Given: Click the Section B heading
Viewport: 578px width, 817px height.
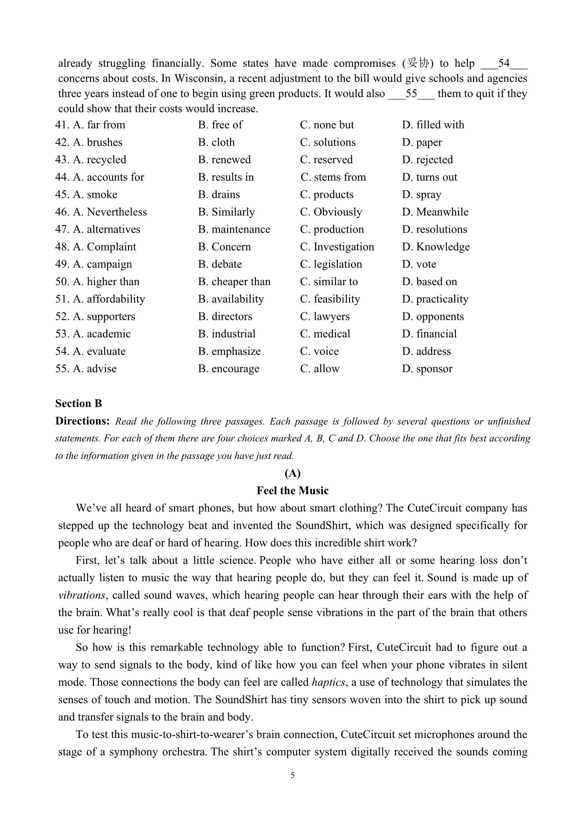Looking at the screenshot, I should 78,404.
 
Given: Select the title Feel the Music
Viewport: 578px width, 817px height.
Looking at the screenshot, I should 292,491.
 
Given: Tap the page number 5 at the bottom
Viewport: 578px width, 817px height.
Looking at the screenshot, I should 292,775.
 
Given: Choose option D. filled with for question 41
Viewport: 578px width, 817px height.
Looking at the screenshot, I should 433,125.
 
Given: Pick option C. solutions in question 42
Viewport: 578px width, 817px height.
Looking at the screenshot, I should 328,142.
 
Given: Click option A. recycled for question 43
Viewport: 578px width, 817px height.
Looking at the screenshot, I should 100,160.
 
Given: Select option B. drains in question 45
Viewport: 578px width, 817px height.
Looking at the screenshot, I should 219,195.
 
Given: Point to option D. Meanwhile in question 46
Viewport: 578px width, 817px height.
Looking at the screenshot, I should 435,212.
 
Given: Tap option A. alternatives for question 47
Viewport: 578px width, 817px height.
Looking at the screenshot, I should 107,230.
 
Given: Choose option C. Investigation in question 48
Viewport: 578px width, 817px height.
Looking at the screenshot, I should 337,247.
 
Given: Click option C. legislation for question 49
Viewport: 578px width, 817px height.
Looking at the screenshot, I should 331,265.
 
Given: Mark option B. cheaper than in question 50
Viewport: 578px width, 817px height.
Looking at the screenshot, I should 234,282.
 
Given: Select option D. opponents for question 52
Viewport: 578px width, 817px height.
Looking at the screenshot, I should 433,317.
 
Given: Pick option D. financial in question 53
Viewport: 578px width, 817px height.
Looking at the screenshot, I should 429,334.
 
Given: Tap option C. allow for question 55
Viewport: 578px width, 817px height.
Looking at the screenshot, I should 320,369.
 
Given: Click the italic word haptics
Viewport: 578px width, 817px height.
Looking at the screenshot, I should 328,682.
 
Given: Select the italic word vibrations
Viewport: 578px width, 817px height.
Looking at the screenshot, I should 81,595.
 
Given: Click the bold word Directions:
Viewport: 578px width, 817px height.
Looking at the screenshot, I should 82,421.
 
